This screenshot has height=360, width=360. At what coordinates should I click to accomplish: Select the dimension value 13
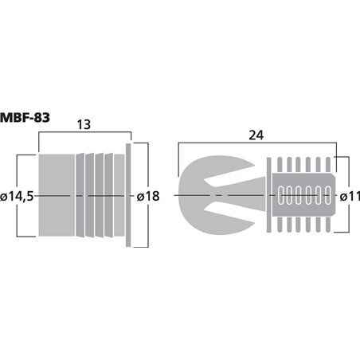pyautogui.click(x=84, y=124)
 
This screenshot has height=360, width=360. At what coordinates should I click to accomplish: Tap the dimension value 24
pyautogui.click(x=255, y=135)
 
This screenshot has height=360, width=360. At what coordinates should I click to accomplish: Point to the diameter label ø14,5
pyautogui.click(x=18, y=196)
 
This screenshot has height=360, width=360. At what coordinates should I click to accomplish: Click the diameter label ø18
pyautogui.click(x=147, y=196)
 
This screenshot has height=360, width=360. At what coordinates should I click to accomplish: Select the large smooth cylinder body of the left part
pyautogui.click(x=57, y=196)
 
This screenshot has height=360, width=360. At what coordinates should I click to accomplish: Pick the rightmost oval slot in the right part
pyautogui.click(x=327, y=196)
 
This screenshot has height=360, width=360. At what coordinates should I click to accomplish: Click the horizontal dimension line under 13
pyautogui.click(x=84, y=135)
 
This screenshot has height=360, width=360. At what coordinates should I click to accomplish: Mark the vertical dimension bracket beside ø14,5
pyautogui.click(x=33, y=196)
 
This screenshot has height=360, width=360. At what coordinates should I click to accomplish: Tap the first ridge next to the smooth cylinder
pyautogui.click(x=80, y=196)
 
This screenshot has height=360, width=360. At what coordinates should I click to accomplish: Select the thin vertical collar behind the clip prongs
pyautogui.click(x=268, y=196)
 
